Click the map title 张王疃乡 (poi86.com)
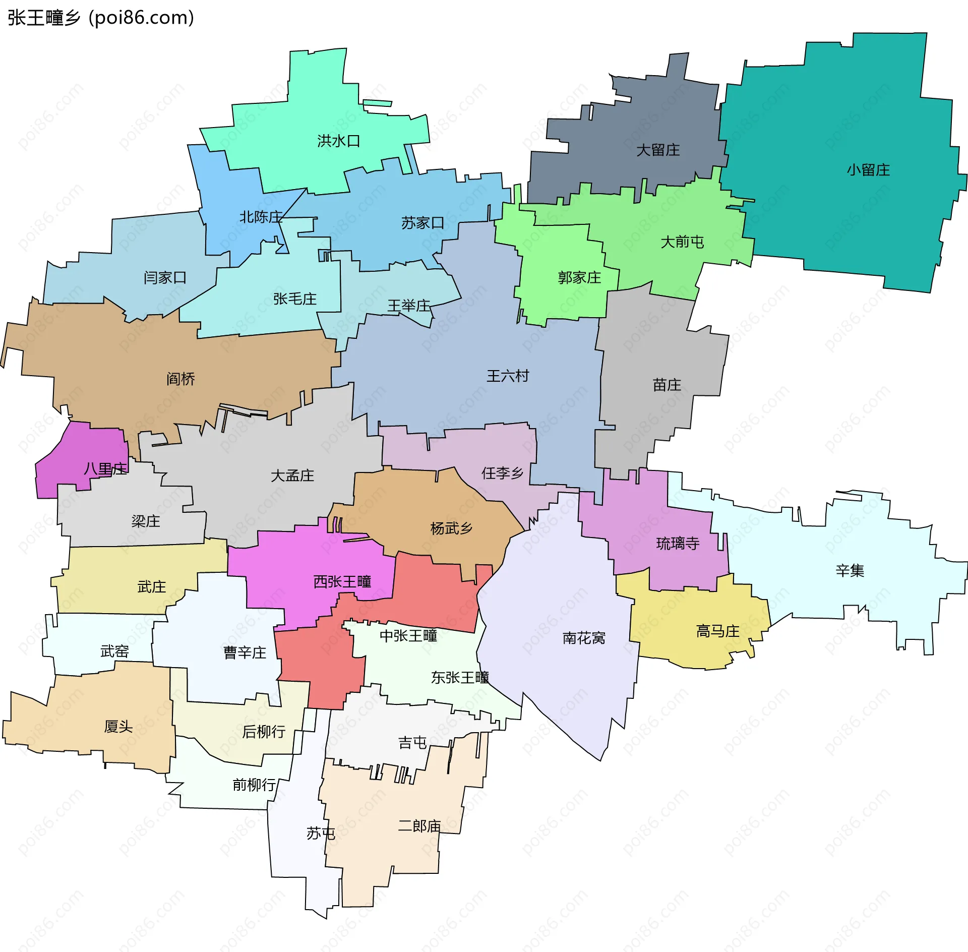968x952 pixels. pyautogui.click(x=101, y=18)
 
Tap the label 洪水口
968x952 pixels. pyautogui.click(x=338, y=141)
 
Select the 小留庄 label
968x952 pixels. pyautogui.click(x=868, y=170)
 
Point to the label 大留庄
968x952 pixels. pyautogui.click(x=658, y=150)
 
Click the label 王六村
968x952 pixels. pyautogui.click(x=508, y=376)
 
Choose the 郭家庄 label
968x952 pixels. pyautogui.click(x=579, y=277)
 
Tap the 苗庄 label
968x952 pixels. pyautogui.click(x=667, y=385)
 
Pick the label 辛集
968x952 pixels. pyautogui.click(x=850, y=571)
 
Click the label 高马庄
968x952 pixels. pyautogui.click(x=717, y=631)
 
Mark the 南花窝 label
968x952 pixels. pyautogui.click(x=584, y=638)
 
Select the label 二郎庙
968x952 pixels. pyautogui.click(x=419, y=826)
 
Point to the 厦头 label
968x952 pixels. pyautogui.click(x=118, y=726)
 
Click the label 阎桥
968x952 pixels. pyautogui.click(x=180, y=379)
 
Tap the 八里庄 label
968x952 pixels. pyautogui.click(x=105, y=469)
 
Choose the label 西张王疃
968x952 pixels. pyautogui.click(x=342, y=581)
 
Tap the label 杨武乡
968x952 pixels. pyautogui.click(x=451, y=528)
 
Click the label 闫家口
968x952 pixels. pyautogui.click(x=165, y=277)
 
